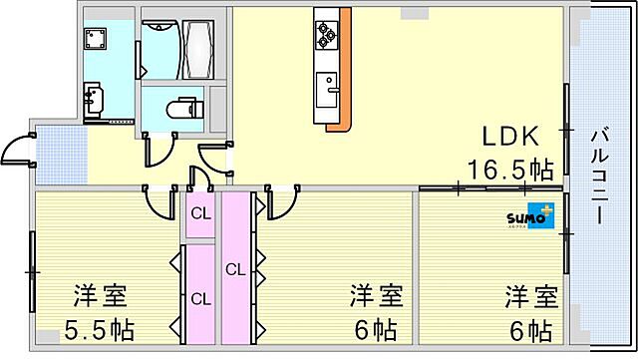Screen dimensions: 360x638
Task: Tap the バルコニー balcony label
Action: tap(602, 176)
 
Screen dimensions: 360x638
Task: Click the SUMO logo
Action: tap(528, 217)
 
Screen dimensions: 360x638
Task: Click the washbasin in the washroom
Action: tap(97, 99)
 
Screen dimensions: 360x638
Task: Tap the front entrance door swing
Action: tap(15, 152)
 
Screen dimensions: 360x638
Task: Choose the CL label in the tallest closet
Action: tap(235, 269)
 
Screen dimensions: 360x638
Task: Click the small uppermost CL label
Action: tap(200, 212)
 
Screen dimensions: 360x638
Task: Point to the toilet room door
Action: tap(156, 150)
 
